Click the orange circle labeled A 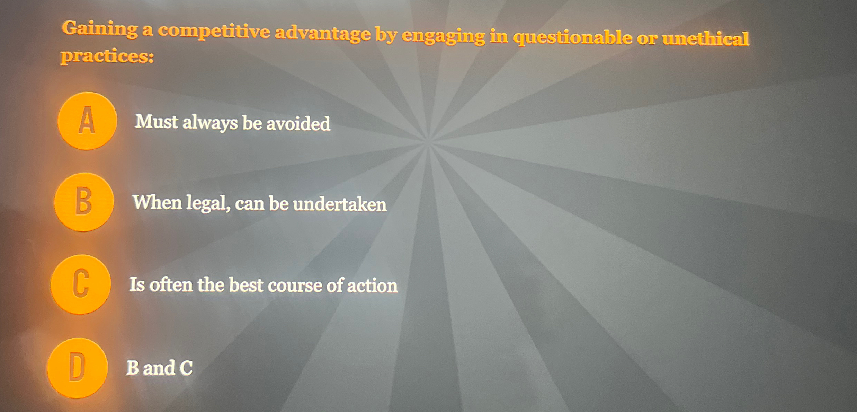[x=87, y=121]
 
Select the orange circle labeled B [x=84, y=202]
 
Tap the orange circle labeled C [x=81, y=284]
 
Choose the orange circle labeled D [x=77, y=368]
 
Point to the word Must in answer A [x=157, y=122]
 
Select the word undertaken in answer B [x=340, y=204]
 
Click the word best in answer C [x=246, y=285]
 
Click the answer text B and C [x=159, y=368]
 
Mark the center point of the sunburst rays [x=429, y=141]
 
